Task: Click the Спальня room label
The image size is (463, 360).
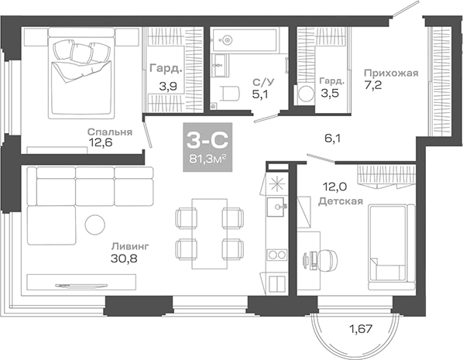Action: [109, 131]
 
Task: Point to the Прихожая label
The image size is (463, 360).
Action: [391, 74]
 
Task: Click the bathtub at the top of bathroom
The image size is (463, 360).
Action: [247, 37]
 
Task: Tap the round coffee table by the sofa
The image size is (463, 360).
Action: [94, 225]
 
